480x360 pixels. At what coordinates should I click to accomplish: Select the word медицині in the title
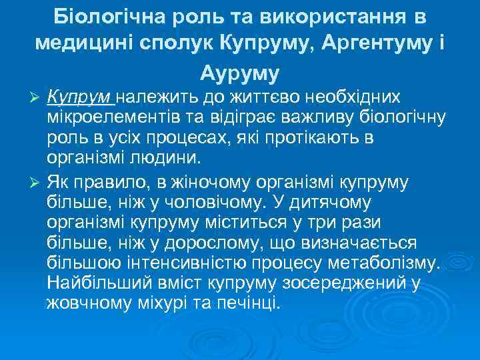coord(79,43)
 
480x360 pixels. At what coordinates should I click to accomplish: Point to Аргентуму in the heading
coord(378,43)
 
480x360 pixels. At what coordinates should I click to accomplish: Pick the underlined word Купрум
coord(80,97)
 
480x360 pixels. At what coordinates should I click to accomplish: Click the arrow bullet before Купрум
coord(37,97)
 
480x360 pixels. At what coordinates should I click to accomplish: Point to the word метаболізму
coord(386,261)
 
